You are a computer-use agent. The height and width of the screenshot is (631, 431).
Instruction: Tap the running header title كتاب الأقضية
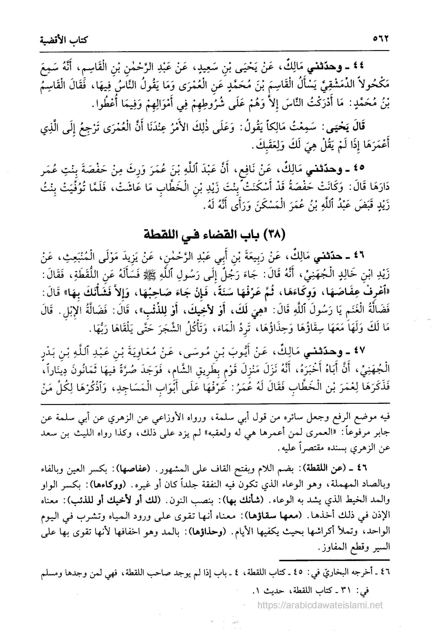(64, 41)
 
